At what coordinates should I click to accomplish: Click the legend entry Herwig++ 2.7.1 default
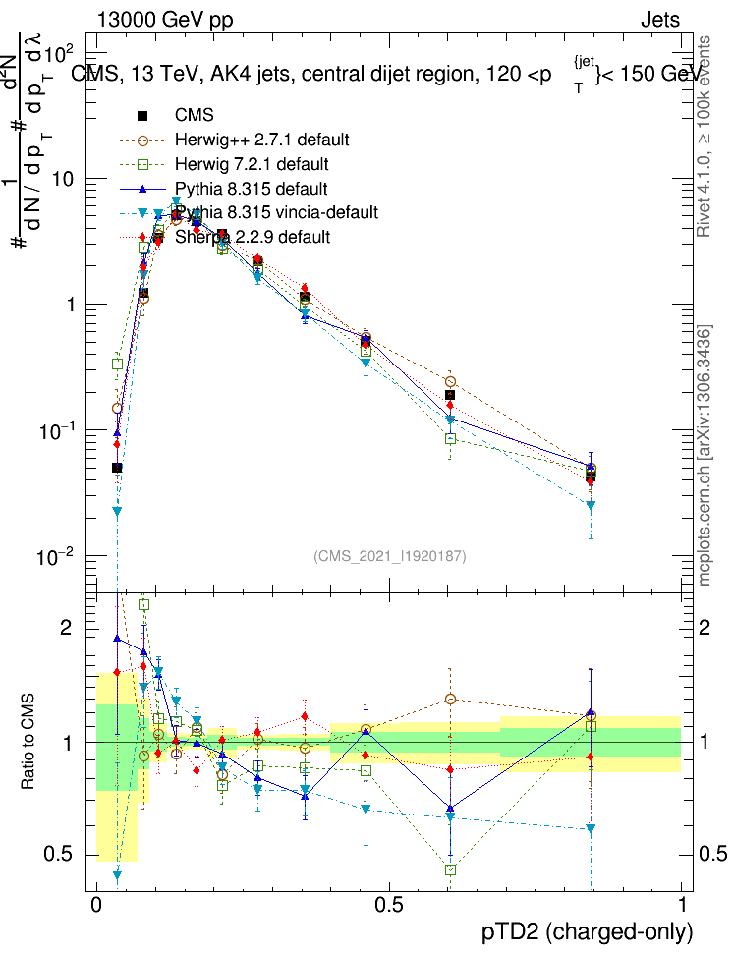262,140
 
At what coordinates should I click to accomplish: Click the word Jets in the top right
660,20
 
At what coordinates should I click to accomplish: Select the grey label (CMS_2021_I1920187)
390,556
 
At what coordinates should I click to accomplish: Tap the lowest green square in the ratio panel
450,870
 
